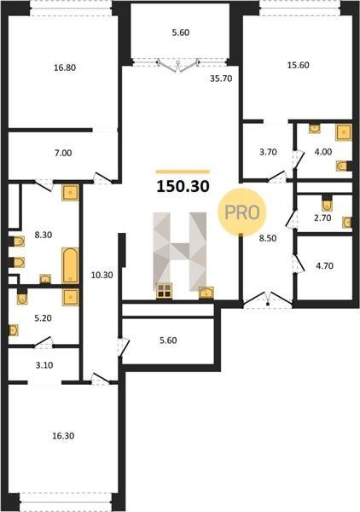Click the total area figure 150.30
coord(183,186)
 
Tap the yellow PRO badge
coord(242,212)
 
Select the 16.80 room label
coord(65,67)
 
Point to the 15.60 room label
coord(298,65)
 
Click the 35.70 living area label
coord(221,79)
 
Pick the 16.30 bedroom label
coord(63,435)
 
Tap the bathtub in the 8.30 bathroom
coord(70,265)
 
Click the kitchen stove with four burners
coord(164,291)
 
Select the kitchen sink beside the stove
coord(206,293)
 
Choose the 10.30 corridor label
coord(102,276)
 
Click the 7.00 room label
coord(63,153)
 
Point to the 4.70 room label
coord(324,265)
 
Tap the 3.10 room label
coord(44,365)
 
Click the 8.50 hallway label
coord(268,238)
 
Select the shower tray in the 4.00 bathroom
coord(343,132)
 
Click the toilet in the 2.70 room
coord(327,204)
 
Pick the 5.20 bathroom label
coord(44,317)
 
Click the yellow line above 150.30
coord(183,172)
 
